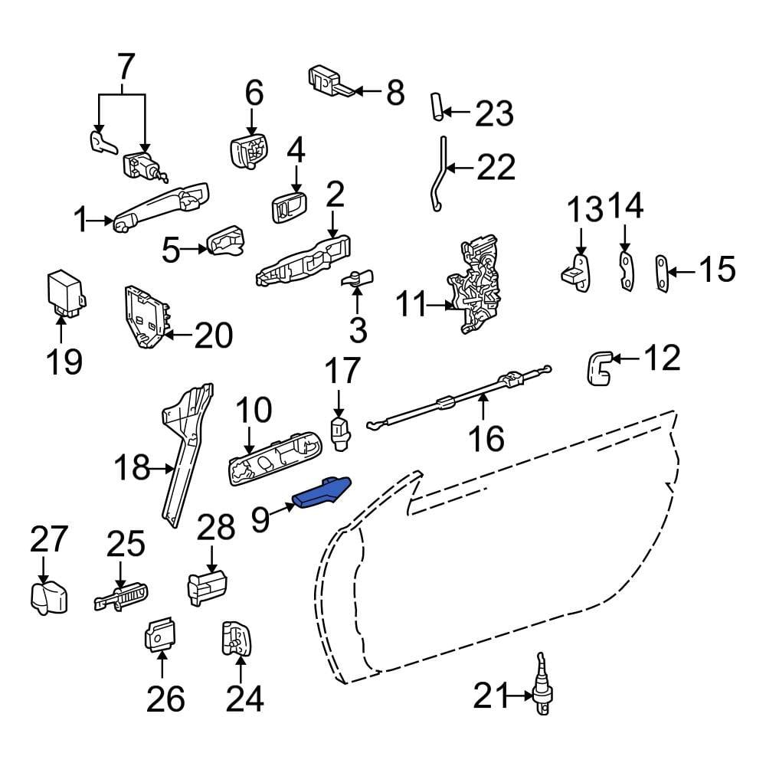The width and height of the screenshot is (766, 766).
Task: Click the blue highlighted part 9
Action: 322,493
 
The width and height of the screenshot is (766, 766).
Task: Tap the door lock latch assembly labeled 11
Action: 480,287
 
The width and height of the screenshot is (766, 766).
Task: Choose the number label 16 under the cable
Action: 485,438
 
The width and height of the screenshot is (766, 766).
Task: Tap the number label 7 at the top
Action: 123,67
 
